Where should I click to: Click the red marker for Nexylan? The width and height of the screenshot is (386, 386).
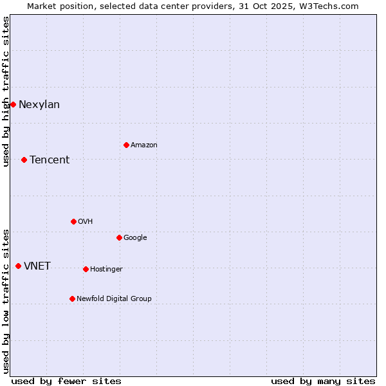click(x=13, y=104)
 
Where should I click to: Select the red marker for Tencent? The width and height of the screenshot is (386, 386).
click(x=24, y=160)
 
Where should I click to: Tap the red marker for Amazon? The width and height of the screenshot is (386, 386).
click(x=126, y=145)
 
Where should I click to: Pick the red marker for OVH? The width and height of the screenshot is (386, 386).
click(x=73, y=221)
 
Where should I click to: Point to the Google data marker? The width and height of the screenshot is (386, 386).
click(x=119, y=237)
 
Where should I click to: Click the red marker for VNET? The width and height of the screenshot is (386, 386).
click(x=18, y=266)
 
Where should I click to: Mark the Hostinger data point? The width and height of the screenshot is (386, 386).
click(x=86, y=269)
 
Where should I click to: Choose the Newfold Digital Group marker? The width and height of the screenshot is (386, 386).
click(x=72, y=299)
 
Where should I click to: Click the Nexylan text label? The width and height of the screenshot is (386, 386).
click(x=39, y=105)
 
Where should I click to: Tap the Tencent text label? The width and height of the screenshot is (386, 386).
click(x=50, y=160)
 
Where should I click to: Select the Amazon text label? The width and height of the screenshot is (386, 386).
click(x=144, y=145)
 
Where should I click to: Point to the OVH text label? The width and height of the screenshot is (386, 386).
click(x=86, y=222)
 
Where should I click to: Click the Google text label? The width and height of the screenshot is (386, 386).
click(x=135, y=238)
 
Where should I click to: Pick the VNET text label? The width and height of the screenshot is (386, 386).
click(x=37, y=266)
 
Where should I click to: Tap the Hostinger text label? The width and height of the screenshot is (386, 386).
click(x=106, y=270)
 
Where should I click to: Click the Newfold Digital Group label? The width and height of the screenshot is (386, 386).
click(x=114, y=299)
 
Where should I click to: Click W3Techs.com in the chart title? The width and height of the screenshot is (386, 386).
click(x=327, y=6)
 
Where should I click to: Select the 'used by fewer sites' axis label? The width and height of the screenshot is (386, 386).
click(x=66, y=381)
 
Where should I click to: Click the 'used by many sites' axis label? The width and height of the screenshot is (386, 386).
click(x=323, y=381)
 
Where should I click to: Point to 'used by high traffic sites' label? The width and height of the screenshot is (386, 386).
click(x=6, y=91)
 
